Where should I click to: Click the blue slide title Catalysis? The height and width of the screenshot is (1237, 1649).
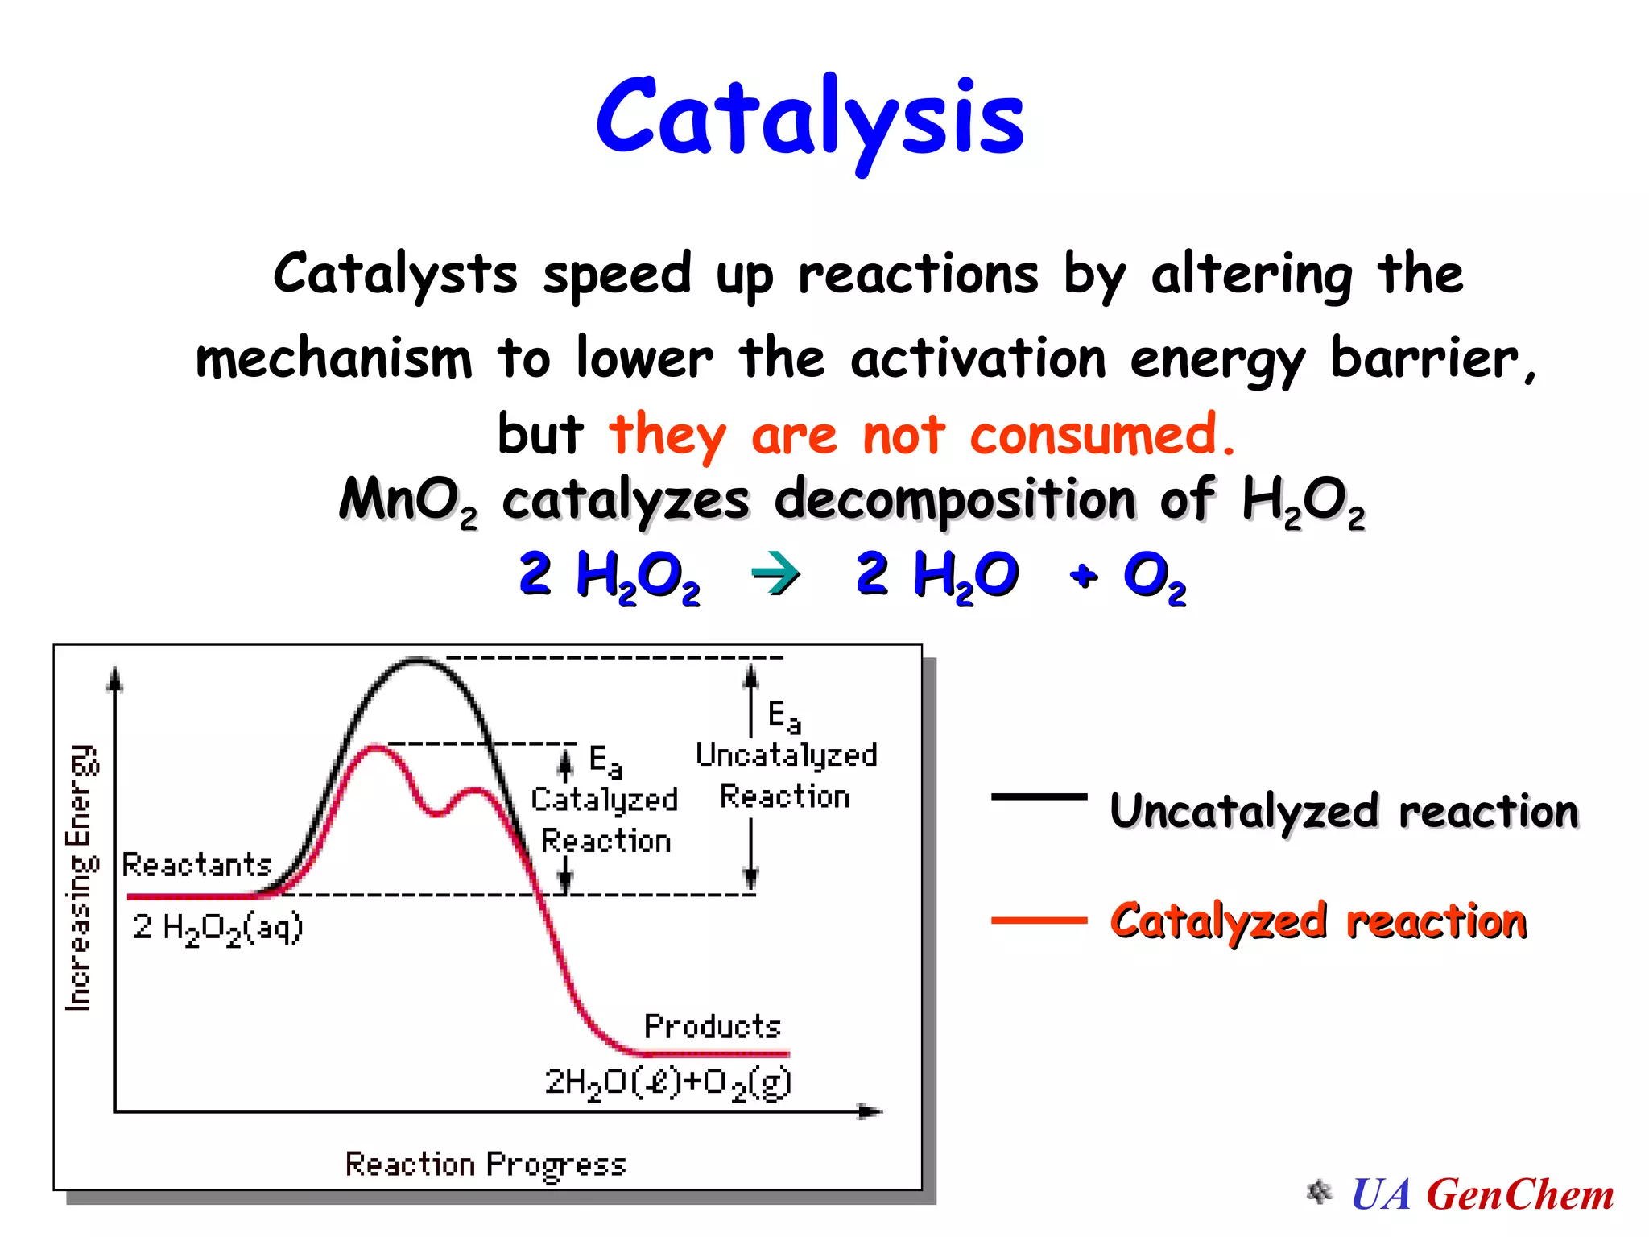pyautogui.click(x=809, y=119)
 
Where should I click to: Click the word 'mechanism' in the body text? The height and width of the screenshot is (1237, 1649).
pyautogui.click(x=333, y=359)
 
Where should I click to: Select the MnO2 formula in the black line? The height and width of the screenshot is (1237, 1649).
pyautogui.click(x=407, y=501)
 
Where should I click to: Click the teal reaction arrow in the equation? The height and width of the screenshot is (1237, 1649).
pyautogui.click(x=775, y=575)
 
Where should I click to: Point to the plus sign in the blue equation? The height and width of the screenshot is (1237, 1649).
pyautogui.click(x=1084, y=575)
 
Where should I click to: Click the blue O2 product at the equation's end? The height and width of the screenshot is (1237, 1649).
pyautogui.click(x=1154, y=577)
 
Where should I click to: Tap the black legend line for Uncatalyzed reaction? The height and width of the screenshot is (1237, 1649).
pyautogui.click(x=1039, y=796)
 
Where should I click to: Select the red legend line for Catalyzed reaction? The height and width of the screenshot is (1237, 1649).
pyautogui.click(x=1039, y=920)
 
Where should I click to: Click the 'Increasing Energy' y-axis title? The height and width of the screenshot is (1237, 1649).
pyautogui.click(x=81, y=878)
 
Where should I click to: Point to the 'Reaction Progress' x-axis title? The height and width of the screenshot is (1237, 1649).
pyautogui.click(x=486, y=1165)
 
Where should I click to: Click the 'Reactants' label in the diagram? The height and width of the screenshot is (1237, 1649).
pyautogui.click(x=196, y=865)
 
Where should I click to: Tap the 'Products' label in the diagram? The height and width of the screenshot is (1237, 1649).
pyautogui.click(x=712, y=1026)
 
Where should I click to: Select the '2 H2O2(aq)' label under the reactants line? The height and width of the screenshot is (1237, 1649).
pyautogui.click(x=217, y=928)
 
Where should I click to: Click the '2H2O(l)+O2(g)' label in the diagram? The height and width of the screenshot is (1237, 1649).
pyautogui.click(x=668, y=1082)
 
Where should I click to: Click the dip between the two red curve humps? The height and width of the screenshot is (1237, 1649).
pyautogui.click(x=437, y=813)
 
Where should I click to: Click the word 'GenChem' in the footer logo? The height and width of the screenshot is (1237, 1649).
pyautogui.click(x=1520, y=1195)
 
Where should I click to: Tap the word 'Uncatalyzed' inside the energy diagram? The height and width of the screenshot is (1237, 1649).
pyautogui.click(x=786, y=755)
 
